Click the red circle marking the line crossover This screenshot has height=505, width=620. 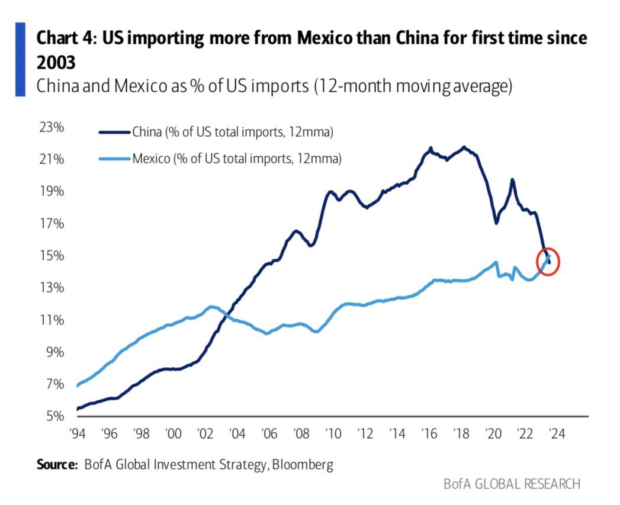[548, 261]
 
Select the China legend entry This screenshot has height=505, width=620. [233, 132]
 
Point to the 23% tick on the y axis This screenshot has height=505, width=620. [52, 128]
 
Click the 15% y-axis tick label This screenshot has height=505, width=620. [52, 256]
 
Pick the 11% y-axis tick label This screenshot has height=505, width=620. [52, 320]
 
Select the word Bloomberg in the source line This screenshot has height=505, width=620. [303, 464]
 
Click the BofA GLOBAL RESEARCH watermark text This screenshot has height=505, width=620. [512, 484]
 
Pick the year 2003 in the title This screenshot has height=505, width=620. [57, 62]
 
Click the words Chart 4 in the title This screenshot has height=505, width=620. [66, 38]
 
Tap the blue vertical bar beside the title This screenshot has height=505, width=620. [20, 59]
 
